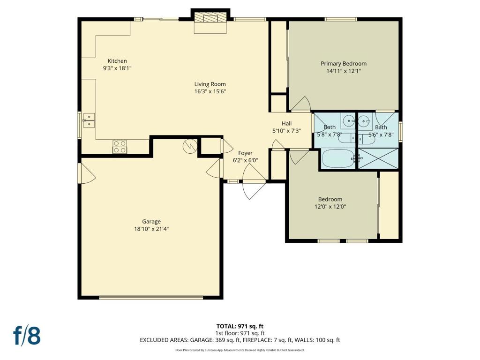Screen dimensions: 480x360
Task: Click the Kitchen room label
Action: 117,61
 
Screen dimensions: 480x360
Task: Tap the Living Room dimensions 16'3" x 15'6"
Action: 210,91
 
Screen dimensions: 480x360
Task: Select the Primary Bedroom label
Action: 344,64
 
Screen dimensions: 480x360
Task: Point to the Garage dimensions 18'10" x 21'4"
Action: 151,229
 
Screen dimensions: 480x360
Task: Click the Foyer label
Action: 246,153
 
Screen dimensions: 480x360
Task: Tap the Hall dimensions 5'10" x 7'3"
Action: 286,131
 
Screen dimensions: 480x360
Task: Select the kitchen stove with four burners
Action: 120,147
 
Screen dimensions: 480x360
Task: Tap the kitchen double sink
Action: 89,120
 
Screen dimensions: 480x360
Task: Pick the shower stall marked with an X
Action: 378,158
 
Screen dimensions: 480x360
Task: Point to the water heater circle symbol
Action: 190,146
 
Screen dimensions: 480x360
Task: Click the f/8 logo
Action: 27,336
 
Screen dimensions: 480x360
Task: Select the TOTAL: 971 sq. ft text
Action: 240,326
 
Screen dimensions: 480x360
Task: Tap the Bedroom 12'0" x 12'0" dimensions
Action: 330,207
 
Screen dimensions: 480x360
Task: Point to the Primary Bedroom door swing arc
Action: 304,102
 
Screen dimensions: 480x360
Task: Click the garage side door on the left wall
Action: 87,173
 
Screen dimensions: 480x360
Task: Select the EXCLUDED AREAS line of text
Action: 240,340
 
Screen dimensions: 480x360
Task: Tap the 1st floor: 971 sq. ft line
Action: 240,333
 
